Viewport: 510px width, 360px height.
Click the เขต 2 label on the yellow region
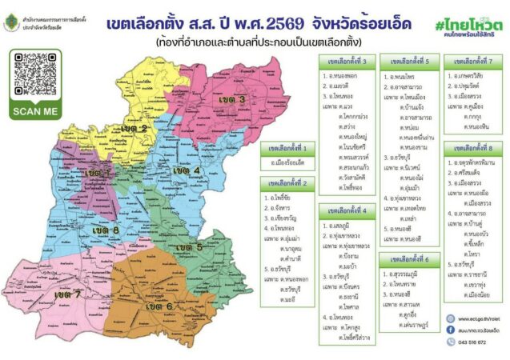pyautogui.click(x=134, y=128)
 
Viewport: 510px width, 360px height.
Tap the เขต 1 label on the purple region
pyautogui.click(x=98, y=172)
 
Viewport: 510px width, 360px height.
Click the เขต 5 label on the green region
pyautogui.click(x=188, y=247)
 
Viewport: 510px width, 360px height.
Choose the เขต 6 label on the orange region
pyautogui.click(x=159, y=306)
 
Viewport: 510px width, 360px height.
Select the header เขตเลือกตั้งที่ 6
pyautogui.click(x=409, y=258)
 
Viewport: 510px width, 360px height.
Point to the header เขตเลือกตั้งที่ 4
pyautogui.click(x=347, y=211)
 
